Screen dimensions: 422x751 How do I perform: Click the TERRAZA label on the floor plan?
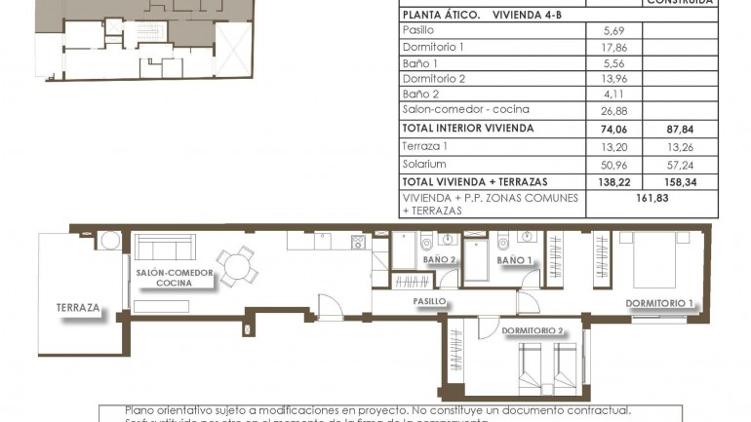(x=78, y=308)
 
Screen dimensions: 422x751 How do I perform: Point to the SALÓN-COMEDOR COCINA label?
(x=175, y=278)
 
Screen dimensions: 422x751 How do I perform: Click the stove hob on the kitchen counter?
(x=357, y=243)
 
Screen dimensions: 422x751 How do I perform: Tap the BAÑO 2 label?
(x=439, y=260)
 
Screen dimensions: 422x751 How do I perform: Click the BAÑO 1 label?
(x=514, y=260)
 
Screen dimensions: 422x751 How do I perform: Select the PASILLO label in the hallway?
(x=428, y=302)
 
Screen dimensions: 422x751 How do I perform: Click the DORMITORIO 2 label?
(x=533, y=331)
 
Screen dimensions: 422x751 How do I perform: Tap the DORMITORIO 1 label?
(x=659, y=304)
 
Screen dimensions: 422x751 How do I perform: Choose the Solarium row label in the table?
(x=424, y=163)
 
